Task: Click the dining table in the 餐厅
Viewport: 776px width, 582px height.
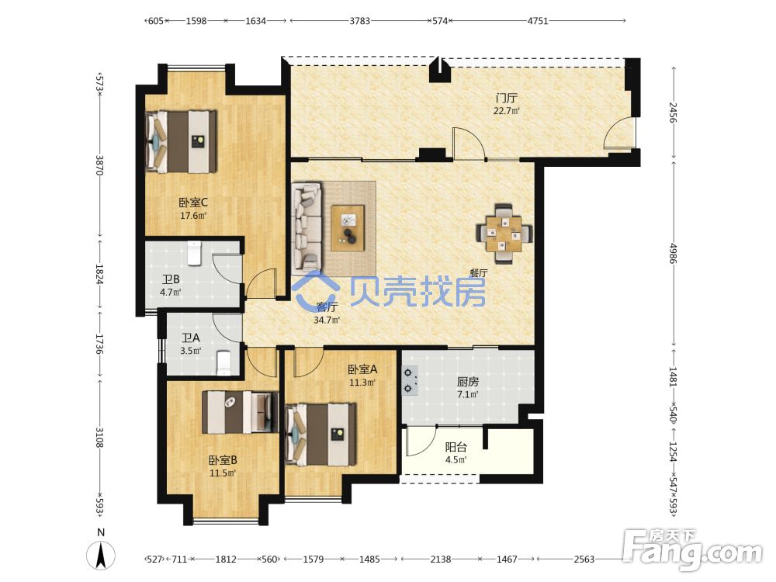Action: pos(504,233)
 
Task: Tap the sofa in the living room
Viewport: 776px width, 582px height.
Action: pos(307,226)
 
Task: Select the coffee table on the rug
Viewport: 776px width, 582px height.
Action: pos(348,228)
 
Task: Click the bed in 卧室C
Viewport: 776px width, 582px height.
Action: pos(182,141)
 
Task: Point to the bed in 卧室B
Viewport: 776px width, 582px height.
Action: pos(241,412)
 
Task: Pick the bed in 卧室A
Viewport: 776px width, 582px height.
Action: pos(320,434)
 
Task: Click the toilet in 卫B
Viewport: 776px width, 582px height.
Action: pos(195,253)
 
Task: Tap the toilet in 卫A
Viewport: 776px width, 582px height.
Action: pos(224,362)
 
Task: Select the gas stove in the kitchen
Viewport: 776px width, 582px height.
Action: pos(410,381)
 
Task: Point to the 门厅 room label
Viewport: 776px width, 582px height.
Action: pos(506,98)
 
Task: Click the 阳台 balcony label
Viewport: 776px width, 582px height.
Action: pos(456,447)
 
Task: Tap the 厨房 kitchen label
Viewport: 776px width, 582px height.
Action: pos(468,382)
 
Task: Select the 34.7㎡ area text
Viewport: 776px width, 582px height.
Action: pos(327,320)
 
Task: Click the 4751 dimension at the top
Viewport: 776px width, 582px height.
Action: pos(538,21)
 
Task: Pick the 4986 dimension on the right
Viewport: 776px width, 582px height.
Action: pos(673,253)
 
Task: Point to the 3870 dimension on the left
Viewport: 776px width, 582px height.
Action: pos(99,165)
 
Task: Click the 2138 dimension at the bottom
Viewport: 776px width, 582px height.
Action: pos(441,559)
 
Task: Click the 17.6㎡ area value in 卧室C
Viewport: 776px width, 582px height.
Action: pos(193,216)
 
